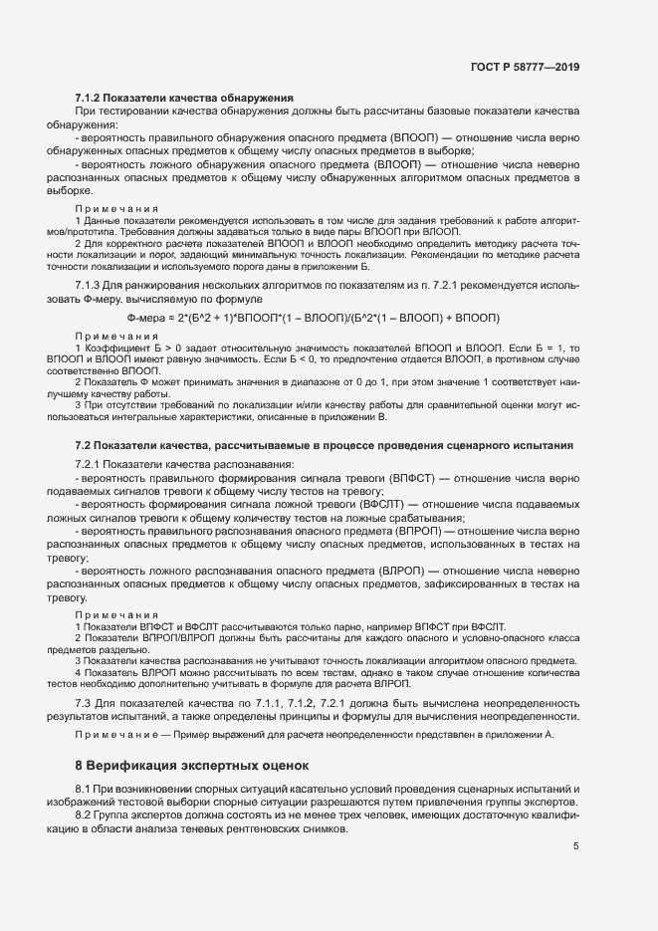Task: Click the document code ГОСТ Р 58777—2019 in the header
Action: point(524,67)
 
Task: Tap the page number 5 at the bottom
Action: point(576,846)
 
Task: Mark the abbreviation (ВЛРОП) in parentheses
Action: point(408,571)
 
